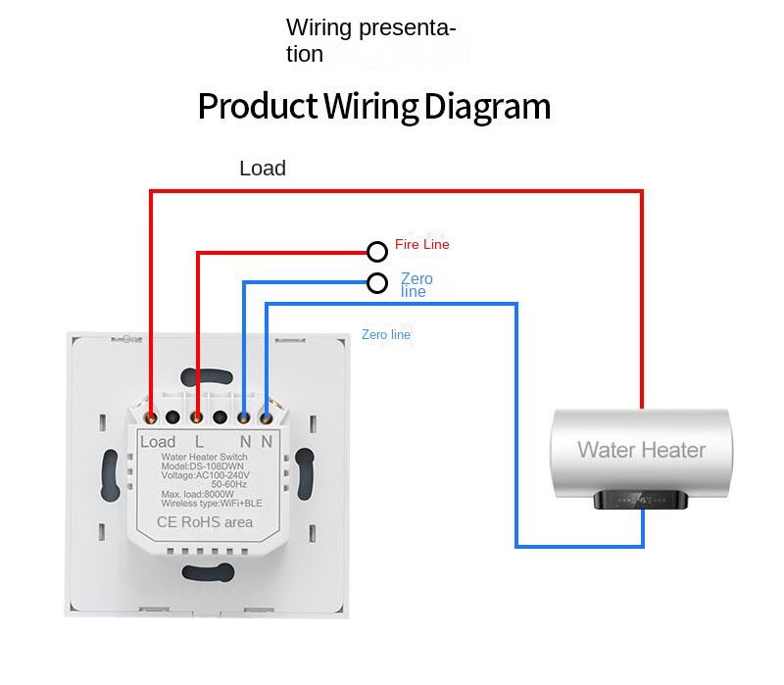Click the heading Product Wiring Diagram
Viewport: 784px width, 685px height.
point(373,106)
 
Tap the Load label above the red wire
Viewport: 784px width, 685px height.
point(263,169)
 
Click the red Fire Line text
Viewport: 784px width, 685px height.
point(421,244)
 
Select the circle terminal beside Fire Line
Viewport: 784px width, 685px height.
point(377,252)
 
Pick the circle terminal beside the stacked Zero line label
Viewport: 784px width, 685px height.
point(377,283)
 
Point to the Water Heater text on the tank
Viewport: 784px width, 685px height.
point(641,450)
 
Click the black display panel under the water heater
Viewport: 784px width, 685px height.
point(642,499)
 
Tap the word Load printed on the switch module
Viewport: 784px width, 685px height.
point(157,442)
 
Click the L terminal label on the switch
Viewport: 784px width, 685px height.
point(199,442)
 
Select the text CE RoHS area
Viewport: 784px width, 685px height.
point(205,522)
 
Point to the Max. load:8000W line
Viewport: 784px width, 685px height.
point(198,494)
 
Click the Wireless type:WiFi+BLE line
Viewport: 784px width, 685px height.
point(205,503)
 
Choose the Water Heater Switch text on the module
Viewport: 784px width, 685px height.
point(204,458)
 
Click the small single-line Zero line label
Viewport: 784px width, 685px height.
point(386,335)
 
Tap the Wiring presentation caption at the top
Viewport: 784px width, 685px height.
point(370,40)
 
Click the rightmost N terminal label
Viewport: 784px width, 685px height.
point(267,442)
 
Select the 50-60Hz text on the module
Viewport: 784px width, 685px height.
point(230,484)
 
